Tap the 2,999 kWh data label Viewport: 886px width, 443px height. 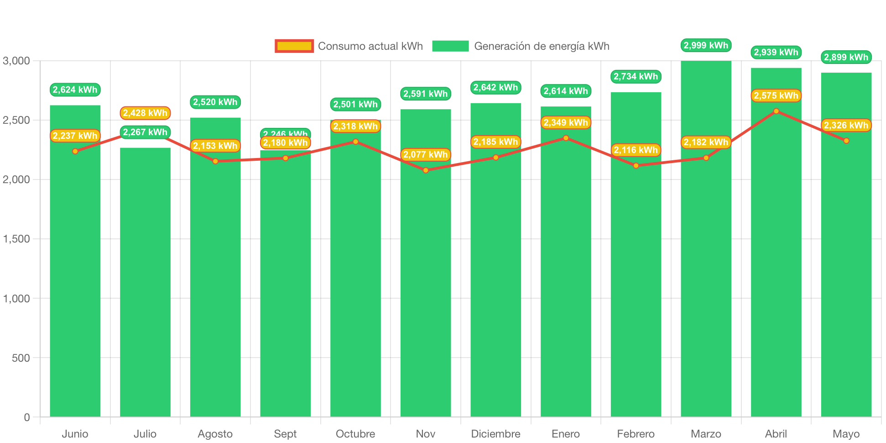(x=706, y=45)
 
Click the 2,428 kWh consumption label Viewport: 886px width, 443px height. (x=145, y=113)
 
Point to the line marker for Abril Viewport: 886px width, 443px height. (x=776, y=111)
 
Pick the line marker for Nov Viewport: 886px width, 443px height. (x=426, y=170)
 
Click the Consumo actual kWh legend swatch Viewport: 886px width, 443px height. (x=294, y=46)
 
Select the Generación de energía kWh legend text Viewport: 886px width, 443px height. (x=542, y=46)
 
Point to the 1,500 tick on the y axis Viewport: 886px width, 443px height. (x=16, y=239)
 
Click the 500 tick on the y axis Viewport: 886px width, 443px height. (x=21, y=358)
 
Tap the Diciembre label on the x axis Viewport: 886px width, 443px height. (x=495, y=433)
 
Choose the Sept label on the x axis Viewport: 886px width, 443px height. (x=285, y=433)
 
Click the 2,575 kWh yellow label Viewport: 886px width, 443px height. (x=776, y=95)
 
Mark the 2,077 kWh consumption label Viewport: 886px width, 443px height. (x=425, y=154)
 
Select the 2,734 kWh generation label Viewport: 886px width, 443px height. (x=636, y=76)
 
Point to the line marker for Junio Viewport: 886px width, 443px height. (x=75, y=151)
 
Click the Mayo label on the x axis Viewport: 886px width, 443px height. (x=846, y=433)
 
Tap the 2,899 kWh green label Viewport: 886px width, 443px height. (x=846, y=57)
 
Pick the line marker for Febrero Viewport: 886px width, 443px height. (x=636, y=166)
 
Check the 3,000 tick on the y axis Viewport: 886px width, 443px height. (x=16, y=61)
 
